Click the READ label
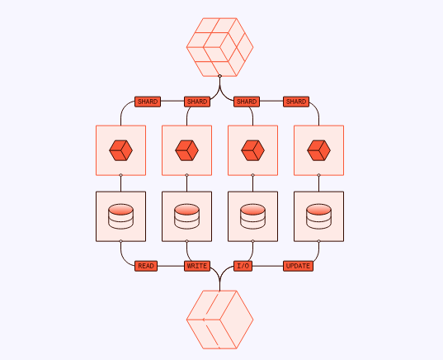tap(146, 266)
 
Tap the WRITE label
tap(197, 266)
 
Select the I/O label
tap(243, 266)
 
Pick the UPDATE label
tap(298, 266)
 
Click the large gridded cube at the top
tap(219, 47)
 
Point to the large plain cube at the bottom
tap(219, 320)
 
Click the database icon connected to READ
tap(121, 216)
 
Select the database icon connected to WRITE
tap(186, 216)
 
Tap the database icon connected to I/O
tap(253, 216)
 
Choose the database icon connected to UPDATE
tap(319, 216)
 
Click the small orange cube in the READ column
tap(121, 150)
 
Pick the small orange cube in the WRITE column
tap(186, 150)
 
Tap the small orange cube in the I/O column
tap(253, 150)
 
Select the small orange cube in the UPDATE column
tap(319, 150)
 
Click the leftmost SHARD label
tap(148, 102)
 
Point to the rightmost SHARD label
tap(296, 102)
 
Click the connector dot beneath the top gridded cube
tap(219, 76)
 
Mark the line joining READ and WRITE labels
tap(171, 266)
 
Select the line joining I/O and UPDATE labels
tap(268, 266)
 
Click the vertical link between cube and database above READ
tap(121, 183)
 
